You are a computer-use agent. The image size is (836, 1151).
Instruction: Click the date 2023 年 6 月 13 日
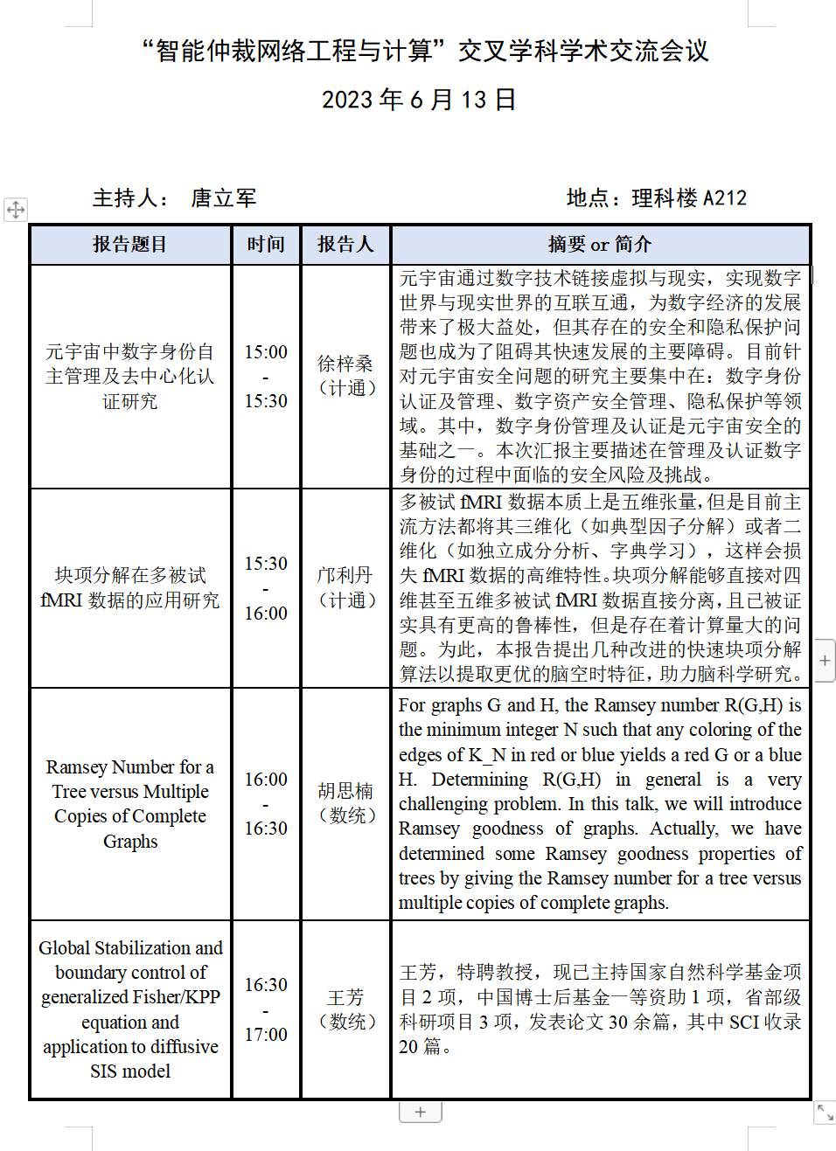click(x=419, y=100)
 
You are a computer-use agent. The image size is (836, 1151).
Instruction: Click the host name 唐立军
click(x=224, y=198)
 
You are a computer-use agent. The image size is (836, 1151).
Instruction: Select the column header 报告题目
click(x=130, y=245)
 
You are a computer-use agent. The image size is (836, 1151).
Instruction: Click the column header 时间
click(x=266, y=245)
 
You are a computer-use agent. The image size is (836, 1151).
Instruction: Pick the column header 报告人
click(x=345, y=245)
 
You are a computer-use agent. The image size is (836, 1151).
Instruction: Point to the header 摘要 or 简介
click(x=600, y=245)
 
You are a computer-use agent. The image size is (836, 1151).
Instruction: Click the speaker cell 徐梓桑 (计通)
click(x=345, y=376)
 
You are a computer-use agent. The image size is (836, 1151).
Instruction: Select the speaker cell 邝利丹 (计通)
click(x=345, y=587)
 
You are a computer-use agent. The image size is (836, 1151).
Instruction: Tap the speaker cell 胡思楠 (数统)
click(x=345, y=803)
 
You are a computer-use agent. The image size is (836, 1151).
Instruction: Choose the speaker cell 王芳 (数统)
click(x=345, y=1009)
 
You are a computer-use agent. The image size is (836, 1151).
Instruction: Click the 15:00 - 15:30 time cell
click(x=266, y=376)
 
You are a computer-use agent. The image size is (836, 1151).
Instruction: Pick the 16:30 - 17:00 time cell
click(x=266, y=1009)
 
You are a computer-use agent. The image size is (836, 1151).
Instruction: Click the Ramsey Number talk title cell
click(x=130, y=803)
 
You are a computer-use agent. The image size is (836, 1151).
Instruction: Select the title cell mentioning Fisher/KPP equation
click(x=130, y=1009)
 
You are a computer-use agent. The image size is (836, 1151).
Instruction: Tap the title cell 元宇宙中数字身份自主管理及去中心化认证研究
click(x=130, y=376)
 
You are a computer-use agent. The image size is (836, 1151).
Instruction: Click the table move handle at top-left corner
click(x=16, y=210)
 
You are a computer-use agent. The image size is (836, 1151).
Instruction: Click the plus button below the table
click(x=421, y=1112)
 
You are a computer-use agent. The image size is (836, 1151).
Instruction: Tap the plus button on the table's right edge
click(x=825, y=661)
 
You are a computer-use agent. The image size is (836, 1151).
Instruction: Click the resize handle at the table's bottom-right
click(x=825, y=1112)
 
